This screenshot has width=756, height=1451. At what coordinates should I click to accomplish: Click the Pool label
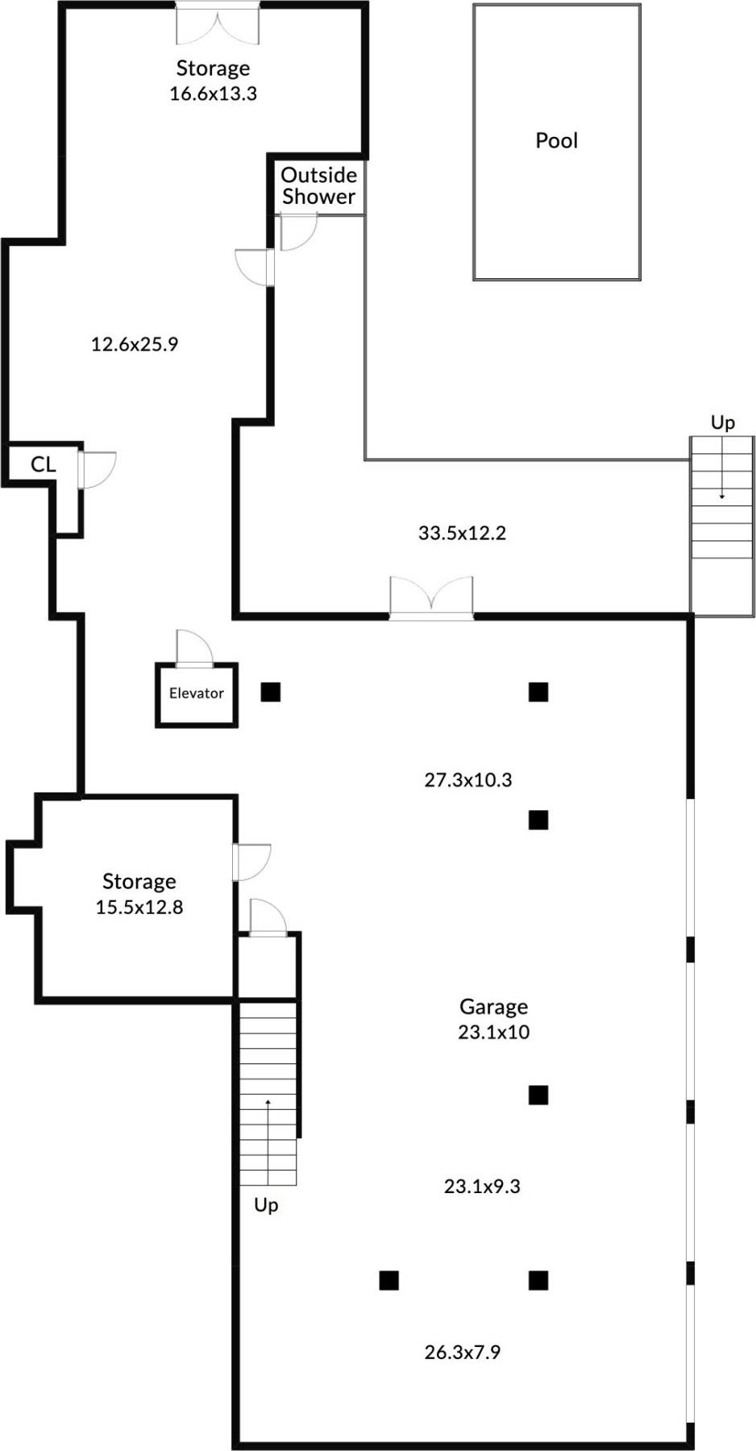point(556,140)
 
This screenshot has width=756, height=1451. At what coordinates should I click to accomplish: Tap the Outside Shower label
point(318,185)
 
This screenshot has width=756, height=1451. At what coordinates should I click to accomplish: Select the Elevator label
point(196,693)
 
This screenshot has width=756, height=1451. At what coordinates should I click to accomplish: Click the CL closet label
point(43,464)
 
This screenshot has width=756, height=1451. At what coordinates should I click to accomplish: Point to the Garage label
point(493,1006)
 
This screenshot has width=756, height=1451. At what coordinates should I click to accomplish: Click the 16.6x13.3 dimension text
point(213,94)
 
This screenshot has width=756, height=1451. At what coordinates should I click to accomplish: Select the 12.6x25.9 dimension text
point(134,345)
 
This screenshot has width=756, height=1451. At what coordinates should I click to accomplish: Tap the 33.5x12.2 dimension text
point(462,533)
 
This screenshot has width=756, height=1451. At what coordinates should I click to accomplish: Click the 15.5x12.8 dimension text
point(139,908)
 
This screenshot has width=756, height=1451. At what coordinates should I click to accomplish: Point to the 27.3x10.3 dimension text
point(467,780)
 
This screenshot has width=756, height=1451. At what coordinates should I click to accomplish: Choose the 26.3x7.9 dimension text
point(462,1353)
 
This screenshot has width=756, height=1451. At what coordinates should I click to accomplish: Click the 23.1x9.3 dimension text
point(482,1187)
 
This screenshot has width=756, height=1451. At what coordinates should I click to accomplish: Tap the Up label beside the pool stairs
point(722,422)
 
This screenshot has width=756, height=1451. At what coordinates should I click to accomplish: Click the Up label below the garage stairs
point(266,1205)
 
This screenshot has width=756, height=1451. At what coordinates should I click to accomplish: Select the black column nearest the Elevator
point(271,692)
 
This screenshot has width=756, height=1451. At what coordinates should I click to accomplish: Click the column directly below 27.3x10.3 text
point(538,820)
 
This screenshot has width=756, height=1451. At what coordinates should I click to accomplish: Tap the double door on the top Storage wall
point(218,23)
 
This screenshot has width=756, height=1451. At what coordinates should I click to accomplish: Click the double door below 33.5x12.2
point(431,597)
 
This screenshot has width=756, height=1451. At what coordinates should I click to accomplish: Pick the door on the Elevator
point(194,647)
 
